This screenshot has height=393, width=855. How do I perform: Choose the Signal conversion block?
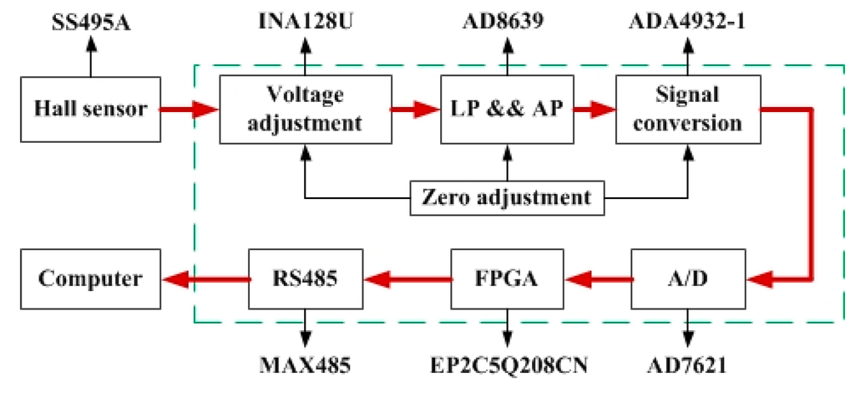(x=687, y=109)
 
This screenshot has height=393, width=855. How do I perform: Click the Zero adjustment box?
(x=506, y=198)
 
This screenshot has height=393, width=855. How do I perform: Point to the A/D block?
(x=687, y=278)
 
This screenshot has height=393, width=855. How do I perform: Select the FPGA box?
(x=506, y=278)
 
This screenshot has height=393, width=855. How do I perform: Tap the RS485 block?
(x=306, y=278)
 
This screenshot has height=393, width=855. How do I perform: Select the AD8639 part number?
(x=506, y=18)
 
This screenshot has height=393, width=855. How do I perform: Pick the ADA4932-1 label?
(x=687, y=18)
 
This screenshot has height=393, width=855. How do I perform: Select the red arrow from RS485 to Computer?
(x=205, y=278)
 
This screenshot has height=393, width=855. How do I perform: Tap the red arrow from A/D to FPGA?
(x=596, y=278)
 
